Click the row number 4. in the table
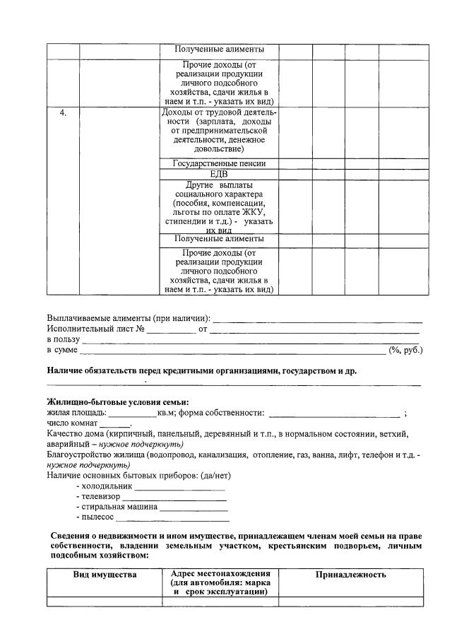coord(63,113)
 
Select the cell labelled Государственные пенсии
coord(220,163)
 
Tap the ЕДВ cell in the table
coord(219,174)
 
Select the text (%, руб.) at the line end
coord(405,350)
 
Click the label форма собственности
coord(222,413)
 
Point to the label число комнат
coord(72,423)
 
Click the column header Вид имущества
coord(105,575)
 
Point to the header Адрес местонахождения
coord(221,573)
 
